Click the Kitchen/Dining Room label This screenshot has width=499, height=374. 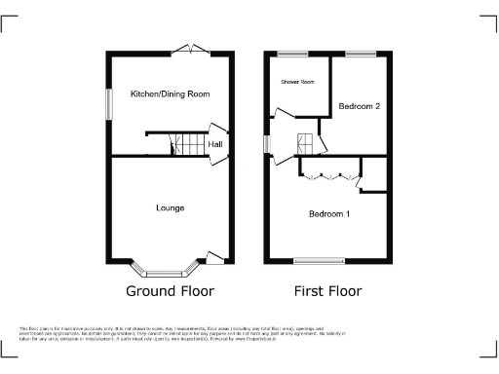(x=171, y=94)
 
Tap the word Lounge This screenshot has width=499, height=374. (x=171, y=207)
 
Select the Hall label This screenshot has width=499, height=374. (x=213, y=146)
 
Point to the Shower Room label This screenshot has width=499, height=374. (x=298, y=83)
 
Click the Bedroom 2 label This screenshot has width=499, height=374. (x=359, y=105)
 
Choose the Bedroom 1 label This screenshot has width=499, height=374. (x=329, y=213)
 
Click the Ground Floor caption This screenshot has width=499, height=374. (x=170, y=291)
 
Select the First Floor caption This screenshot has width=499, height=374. (x=328, y=291)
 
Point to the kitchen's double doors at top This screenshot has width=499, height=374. (x=184, y=51)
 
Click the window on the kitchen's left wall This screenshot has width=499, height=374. (x=108, y=105)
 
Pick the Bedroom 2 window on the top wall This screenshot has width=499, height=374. (x=360, y=53)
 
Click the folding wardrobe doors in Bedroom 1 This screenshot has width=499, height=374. (x=327, y=176)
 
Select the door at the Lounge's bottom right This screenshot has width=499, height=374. (x=215, y=258)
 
